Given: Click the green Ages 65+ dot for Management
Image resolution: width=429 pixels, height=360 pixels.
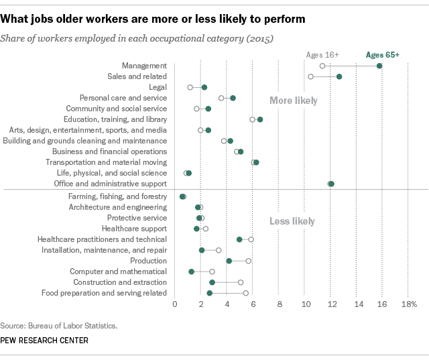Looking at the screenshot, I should tap(379, 66).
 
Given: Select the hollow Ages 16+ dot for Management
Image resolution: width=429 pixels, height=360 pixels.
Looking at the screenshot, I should tap(322, 66).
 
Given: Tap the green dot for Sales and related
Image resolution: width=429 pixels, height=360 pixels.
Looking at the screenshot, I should tap(339, 76).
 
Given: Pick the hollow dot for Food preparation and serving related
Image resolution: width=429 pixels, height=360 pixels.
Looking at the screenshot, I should tap(246, 293).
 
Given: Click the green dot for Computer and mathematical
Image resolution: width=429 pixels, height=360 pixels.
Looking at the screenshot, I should tap(192, 272).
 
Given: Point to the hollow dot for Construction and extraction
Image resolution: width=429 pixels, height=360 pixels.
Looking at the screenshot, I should tap(241, 282).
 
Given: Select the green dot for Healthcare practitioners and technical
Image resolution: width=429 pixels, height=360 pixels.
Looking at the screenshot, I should tap(239, 239).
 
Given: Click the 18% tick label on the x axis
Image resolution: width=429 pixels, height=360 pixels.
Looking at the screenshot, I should tap(409, 304).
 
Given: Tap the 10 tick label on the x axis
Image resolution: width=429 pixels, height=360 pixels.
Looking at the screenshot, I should tap(306, 304).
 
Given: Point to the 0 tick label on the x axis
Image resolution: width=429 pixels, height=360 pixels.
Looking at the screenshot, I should tap(175, 304).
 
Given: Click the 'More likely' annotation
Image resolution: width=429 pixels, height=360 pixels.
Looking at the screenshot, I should tap(293, 101).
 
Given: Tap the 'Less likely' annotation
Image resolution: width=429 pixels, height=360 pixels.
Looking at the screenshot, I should tap(292, 221).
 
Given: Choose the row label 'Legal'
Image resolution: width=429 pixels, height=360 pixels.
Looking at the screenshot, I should tap(158, 87).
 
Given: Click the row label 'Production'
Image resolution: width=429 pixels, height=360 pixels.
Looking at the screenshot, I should tap(149, 261).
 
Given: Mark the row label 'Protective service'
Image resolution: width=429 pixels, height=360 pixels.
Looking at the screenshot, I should tap(137, 218).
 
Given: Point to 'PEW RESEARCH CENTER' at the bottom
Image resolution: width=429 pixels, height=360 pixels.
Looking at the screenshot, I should tap(45, 341).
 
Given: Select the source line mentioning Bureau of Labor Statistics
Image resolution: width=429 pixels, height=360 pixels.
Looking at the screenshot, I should tap(60, 326).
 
